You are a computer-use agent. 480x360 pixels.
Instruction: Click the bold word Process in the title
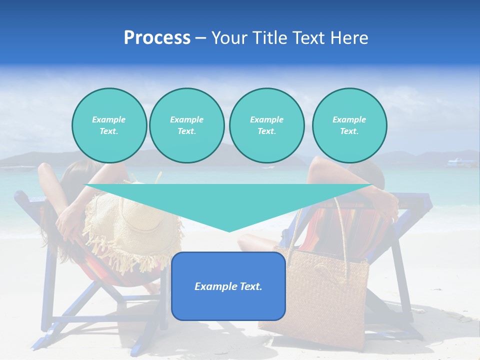point(157,38)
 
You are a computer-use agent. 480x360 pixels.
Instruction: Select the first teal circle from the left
point(109,125)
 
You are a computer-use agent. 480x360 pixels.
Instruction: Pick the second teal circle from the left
point(186,125)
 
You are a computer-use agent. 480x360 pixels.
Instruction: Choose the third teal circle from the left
point(266,125)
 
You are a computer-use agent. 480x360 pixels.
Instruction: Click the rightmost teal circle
point(349,125)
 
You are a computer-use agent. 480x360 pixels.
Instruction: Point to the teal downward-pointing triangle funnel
point(228,200)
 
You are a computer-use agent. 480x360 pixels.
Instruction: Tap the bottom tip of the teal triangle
point(229,230)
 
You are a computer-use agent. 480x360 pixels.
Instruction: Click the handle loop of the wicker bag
point(320,220)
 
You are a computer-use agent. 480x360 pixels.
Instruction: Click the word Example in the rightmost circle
point(349,119)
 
